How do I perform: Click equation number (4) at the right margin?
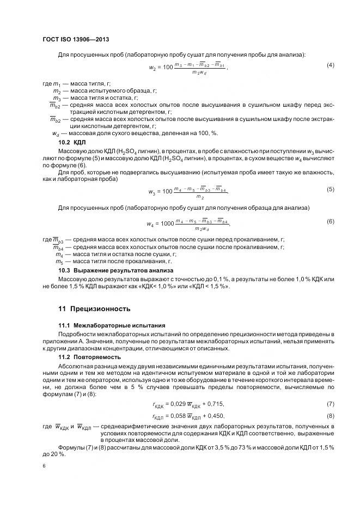coord(330,65)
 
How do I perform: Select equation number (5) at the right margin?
coord(330,189)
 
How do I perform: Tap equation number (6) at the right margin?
coord(330,221)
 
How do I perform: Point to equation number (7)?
coord(330,404)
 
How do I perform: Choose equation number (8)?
coord(330,415)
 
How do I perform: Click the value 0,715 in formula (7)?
coord(214,404)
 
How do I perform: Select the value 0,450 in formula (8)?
coord(214,415)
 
